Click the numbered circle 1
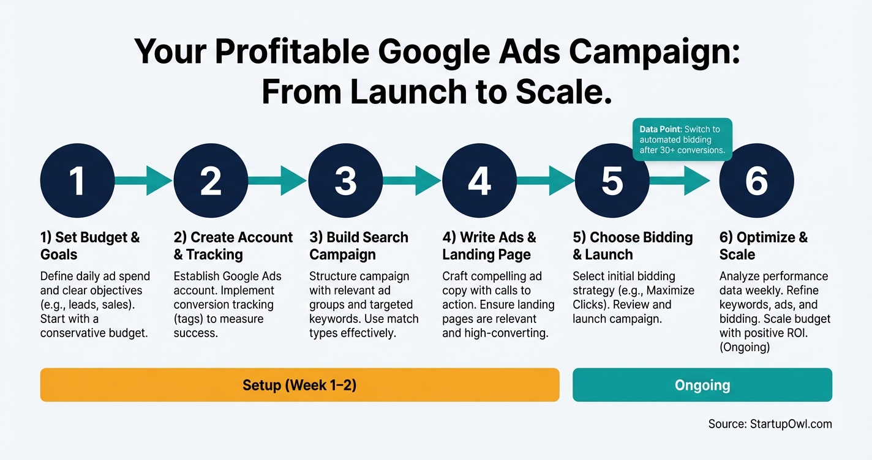coord(77,180)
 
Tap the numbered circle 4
coord(479,180)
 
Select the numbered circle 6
coord(756,180)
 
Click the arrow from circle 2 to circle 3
coord(277,180)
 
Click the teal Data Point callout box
coord(681,139)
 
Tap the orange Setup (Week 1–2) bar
coord(299,385)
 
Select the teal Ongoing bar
coord(702,385)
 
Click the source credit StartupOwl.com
coord(770,424)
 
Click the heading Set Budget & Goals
coord(90,246)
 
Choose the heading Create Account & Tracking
coord(233,246)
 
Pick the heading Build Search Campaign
coord(359,246)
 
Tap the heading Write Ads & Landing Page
coord(489,246)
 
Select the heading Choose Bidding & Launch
coord(633,246)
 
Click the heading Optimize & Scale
coord(763,246)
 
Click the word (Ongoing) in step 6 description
coord(745,347)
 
